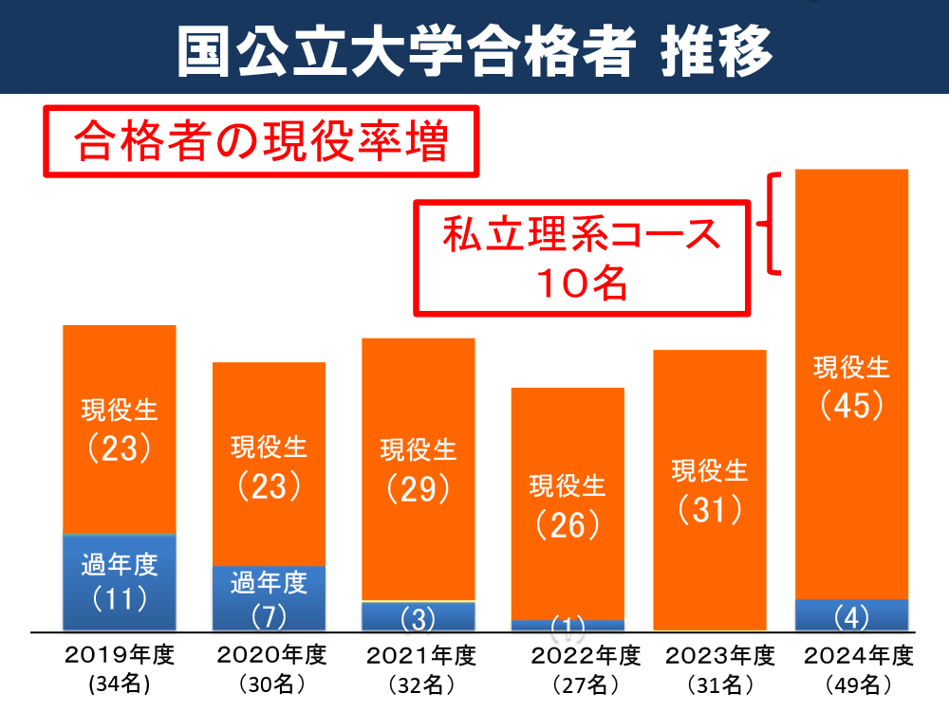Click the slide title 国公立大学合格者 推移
click(x=474, y=48)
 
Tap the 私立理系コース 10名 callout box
click(x=582, y=256)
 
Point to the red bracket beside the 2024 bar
click(x=774, y=224)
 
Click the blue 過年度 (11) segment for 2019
click(x=120, y=582)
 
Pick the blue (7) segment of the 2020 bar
click(x=269, y=598)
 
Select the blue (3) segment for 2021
click(x=418, y=617)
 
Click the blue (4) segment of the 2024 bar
click(x=851, y=615)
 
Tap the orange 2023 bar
click(x=710, y=489)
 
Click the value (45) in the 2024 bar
click(x=851, y=406)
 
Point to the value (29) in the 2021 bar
click(x=418, y=488)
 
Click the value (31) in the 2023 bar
click(x=710, y=510)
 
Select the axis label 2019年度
click(x=120, y=655)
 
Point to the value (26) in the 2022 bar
click(x=568, y=524)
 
